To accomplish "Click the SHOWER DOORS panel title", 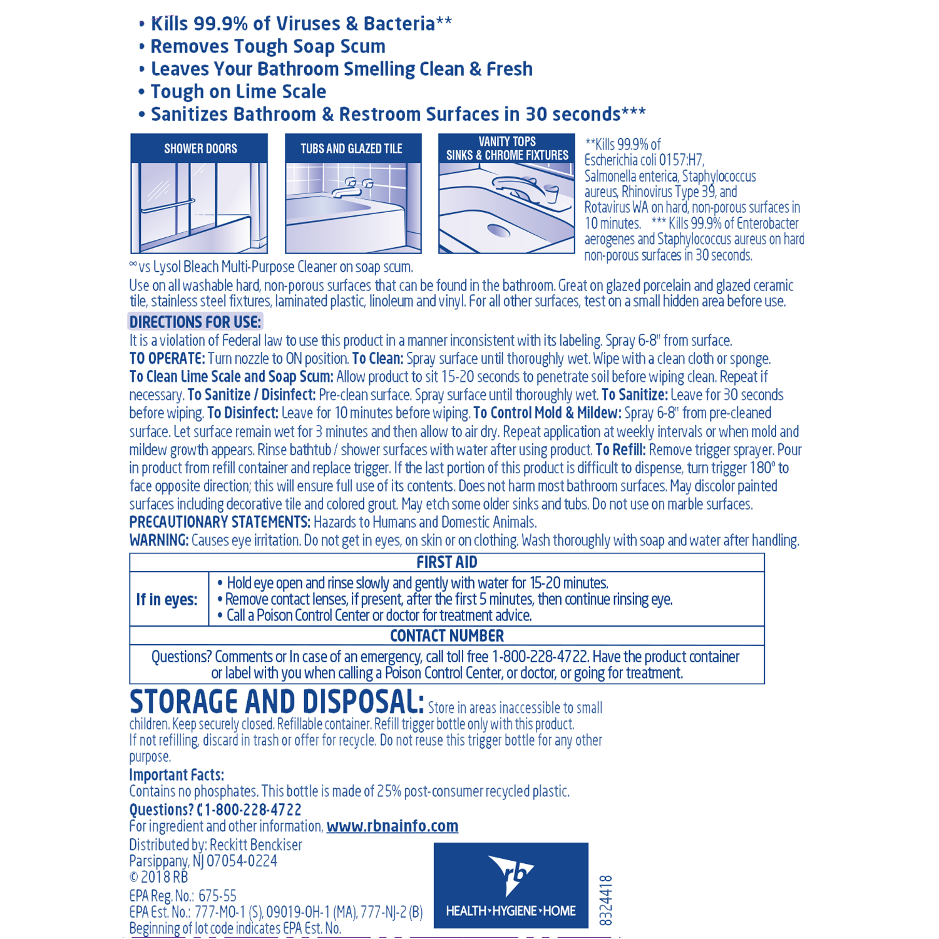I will pyautogui.click(x=200, y=149).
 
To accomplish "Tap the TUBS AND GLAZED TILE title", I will pyautogui.click(x=351, y=149).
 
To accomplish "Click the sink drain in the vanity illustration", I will pyautogui.click(x=499, y=230).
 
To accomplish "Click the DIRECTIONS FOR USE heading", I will pyautogui.click(x=195, y=322).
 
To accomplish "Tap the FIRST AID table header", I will pyautogui.click(x=446, y=562).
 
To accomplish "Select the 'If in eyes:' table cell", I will pyautogui.click(x=167, y=600).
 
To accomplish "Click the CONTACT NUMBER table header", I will pyautogui.click(x=446, y=636).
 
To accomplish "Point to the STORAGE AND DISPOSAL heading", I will pyautogui.click(x=277, y=702).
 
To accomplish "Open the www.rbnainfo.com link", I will pyautogui.click(x=393, y=826).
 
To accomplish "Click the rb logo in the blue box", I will pyautogui.click(x=511, y=873).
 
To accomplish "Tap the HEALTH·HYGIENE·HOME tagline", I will pyautogui.click(x=511, y=911).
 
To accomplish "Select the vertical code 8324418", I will pyautogui.click(x=605, y=900).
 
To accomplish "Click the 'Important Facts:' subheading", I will pyautogui.click(x=177, y=775).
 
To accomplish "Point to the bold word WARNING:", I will pyautogui.click(x=159, y=540).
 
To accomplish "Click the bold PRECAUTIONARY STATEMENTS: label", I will pyautogui.click(x=220, y=522).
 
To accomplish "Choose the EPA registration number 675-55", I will pyautogui.click(x=217, y=896).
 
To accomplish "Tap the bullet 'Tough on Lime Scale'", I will pyautogui.click(x=238, y=92).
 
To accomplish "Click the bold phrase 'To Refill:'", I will pyautogui.click(x=620, y=449).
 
